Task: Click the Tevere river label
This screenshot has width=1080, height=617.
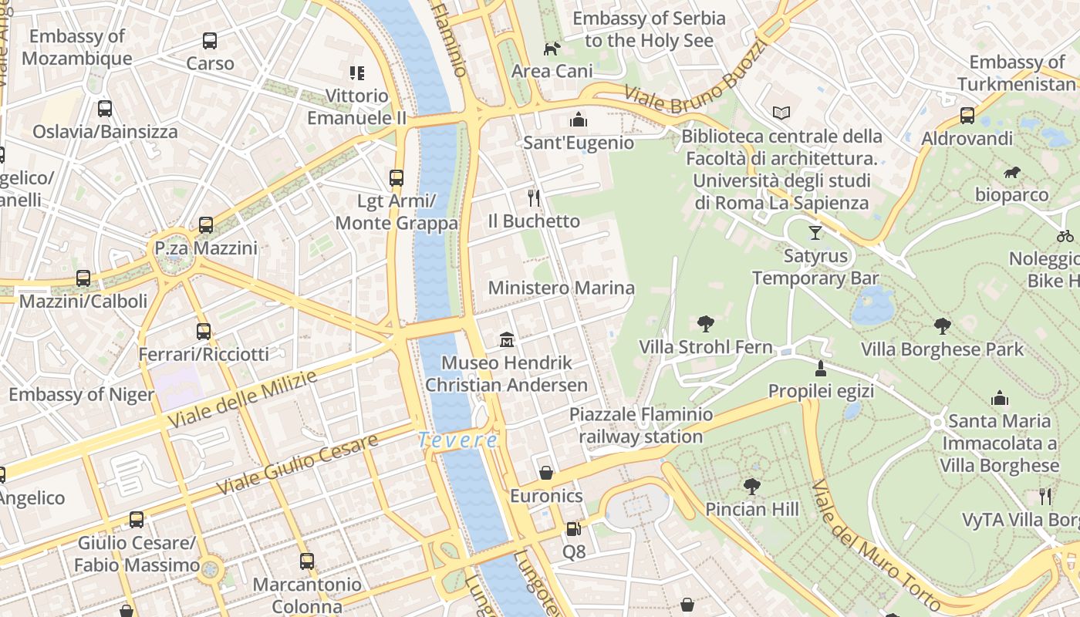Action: point(457,440)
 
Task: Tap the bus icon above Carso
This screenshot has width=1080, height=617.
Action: point(210,41)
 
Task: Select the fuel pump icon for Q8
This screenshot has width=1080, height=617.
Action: point(573,528)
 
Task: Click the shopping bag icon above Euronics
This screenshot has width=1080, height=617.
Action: point(546,472)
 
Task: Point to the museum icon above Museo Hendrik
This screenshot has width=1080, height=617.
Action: point(507,339)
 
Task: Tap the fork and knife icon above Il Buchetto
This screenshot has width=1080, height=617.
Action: point(533,198)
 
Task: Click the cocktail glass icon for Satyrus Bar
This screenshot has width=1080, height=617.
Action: point(815,232)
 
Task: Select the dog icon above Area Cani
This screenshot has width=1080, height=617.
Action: point(552,49)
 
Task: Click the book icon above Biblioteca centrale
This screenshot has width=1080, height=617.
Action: point(781,113)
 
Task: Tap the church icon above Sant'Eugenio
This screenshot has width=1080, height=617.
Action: point(579,120)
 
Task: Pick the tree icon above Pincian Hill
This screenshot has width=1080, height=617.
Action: point(751,486)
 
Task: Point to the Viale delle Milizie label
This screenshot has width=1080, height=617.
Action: point(242,400)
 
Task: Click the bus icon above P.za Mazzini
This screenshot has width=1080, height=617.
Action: point(206,225)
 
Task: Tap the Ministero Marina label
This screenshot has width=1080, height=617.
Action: point(562,288)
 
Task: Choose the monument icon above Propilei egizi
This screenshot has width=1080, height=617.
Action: point(821,368)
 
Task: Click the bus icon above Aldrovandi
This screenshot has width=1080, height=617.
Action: point(967,116)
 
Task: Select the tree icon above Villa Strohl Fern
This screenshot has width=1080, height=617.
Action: point(705,324)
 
